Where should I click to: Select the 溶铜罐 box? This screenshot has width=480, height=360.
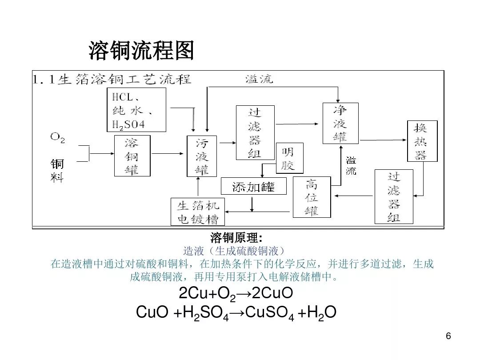(x=132, y=156)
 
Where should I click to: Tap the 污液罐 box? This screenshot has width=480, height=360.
(x=202, y=156)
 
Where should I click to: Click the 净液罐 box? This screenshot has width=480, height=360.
(x=340, y=123)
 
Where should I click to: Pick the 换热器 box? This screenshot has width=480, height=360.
(x=422, y=141)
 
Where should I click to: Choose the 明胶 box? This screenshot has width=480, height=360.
(x=289, y=159)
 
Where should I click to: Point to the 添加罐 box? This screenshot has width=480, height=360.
(x=253, y=186)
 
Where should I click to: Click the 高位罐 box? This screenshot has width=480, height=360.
(x=312, y=197)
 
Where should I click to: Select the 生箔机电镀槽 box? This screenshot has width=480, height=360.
(x=198, y=212)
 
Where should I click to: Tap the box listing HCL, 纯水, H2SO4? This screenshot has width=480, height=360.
(x=136, y=110)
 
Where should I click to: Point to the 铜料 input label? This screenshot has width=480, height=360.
(x=57, y=171)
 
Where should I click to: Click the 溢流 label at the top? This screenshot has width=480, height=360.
(x=259, y=80)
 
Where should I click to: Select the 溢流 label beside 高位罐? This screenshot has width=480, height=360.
(x=351, y=165)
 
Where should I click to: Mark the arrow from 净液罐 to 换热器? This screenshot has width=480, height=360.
(x=383, y=140)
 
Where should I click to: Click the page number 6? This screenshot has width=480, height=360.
(x=448, y=336)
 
